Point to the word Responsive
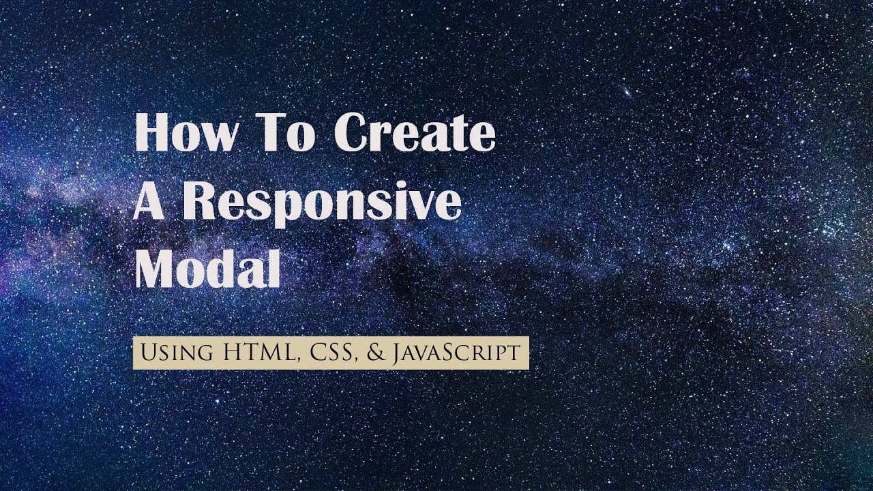tap(321, 203)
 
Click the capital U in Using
tap(146, 353)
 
